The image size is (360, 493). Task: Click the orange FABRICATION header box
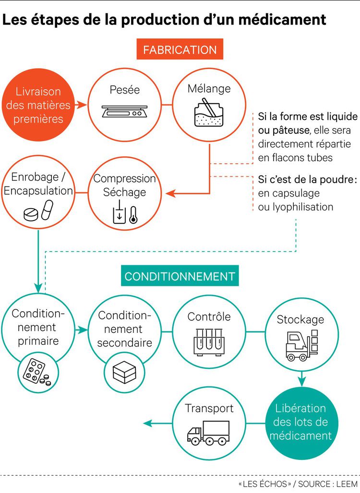pos(180,49)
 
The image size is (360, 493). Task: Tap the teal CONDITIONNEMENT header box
pos(180,276)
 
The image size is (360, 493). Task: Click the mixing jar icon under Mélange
pos(208,113)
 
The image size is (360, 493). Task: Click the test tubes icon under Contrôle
pos(209,341)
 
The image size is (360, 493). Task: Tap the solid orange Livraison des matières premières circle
pos(41,105)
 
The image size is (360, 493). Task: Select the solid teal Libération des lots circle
pos(300,423)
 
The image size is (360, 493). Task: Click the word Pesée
pos(124,89)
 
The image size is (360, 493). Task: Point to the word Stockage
pos(300,319)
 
